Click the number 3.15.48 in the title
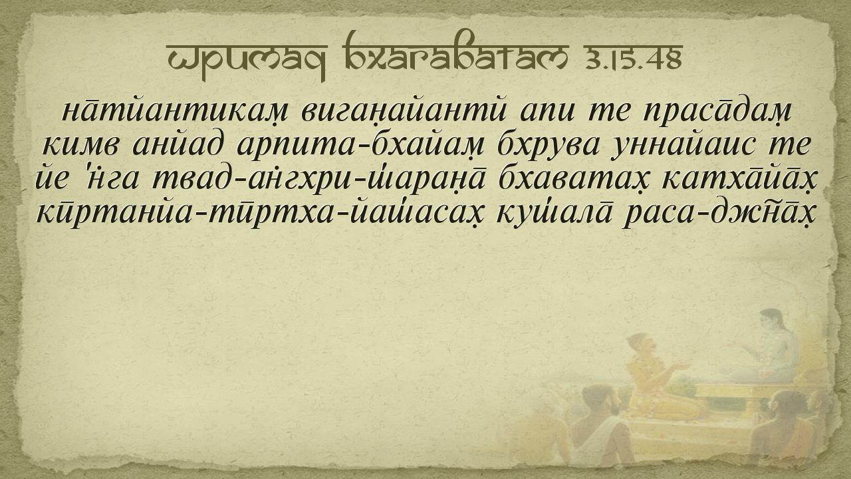pos(634,58)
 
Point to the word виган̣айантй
pos(403,112)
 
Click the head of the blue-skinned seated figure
pos(772,323)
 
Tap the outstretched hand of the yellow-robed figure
pos(682,366)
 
